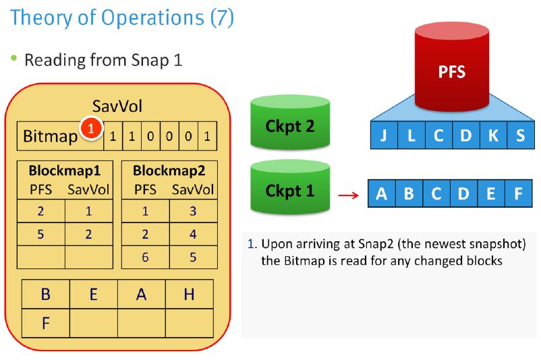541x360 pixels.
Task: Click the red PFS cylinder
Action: click(452, 67)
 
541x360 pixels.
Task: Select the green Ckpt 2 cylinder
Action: click(290, 123)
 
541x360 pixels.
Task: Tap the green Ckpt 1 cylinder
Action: click(290, 187)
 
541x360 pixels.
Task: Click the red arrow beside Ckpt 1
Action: click(349, 196)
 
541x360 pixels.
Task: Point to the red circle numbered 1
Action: click(91, 129)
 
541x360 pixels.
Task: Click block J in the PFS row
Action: click(384, 136)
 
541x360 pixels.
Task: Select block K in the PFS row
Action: click(493, 136)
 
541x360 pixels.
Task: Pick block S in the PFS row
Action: click(521, 136)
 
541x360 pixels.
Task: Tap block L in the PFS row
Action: click(411, 136)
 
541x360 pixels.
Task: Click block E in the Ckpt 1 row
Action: click(491, 193)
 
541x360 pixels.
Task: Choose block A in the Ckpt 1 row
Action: click(382, 193)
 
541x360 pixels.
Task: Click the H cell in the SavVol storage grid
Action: click(190, 294)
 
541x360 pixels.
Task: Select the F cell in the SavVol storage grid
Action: click(46, 323)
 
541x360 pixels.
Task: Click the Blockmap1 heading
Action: click(65, 171)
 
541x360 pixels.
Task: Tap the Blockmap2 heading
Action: click(169, 171)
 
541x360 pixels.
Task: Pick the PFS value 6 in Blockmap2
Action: click(145, 257)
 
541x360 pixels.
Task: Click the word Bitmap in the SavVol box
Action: click(51, 137)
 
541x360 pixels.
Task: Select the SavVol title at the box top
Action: click(117, 106)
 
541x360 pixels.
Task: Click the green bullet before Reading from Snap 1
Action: click(13, 58)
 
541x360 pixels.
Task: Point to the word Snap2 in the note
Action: click(376, 244)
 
